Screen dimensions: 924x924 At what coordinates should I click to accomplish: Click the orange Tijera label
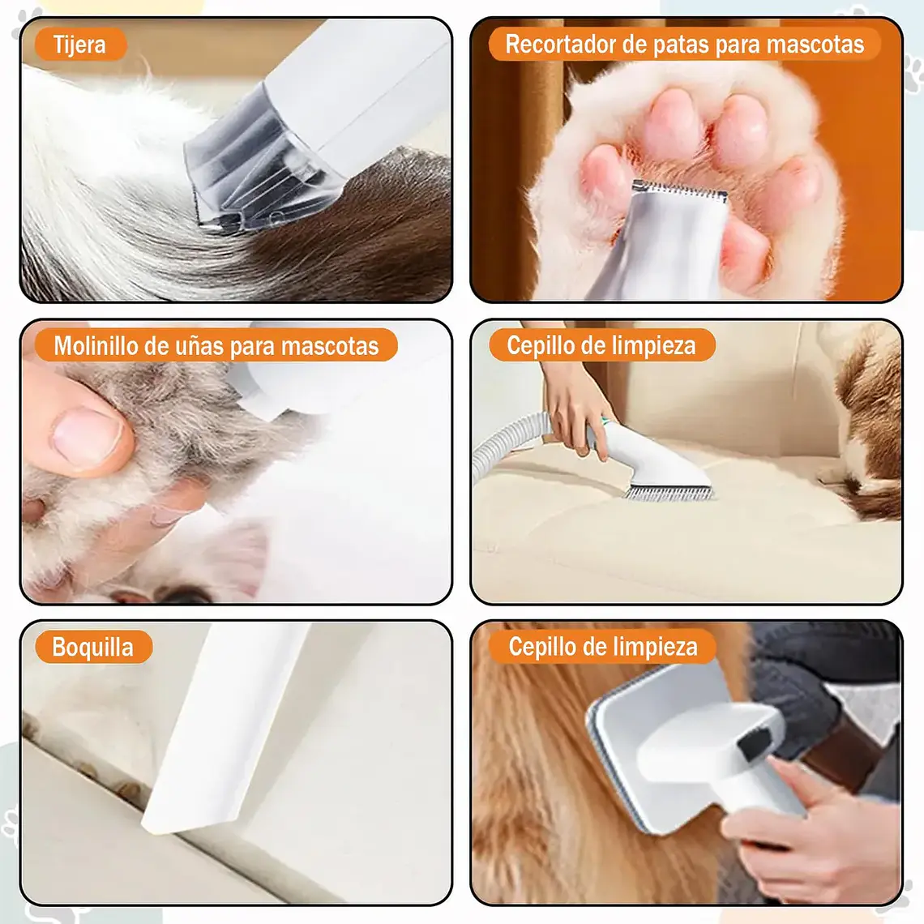81,45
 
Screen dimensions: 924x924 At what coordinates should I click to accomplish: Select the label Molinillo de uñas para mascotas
216,346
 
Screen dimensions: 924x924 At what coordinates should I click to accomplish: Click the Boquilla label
93,647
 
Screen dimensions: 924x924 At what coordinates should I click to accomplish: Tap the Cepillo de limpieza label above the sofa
601,345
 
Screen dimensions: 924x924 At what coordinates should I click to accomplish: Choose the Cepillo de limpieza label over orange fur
603,647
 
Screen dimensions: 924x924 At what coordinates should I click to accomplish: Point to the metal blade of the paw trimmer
679,189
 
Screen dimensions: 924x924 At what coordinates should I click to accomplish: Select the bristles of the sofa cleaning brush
668,493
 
